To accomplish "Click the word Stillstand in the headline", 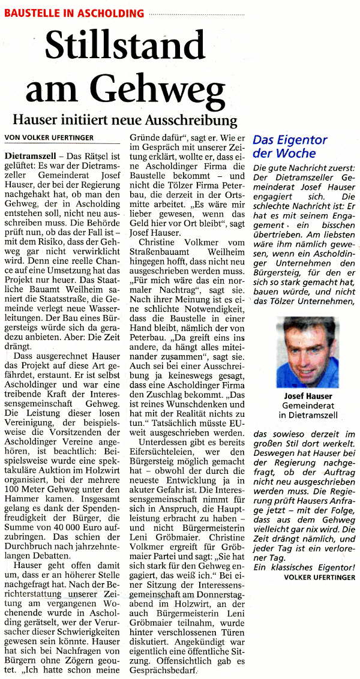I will [125, 46].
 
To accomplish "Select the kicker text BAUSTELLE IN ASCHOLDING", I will [74, 13].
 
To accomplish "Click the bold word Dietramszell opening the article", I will [31, 156].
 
